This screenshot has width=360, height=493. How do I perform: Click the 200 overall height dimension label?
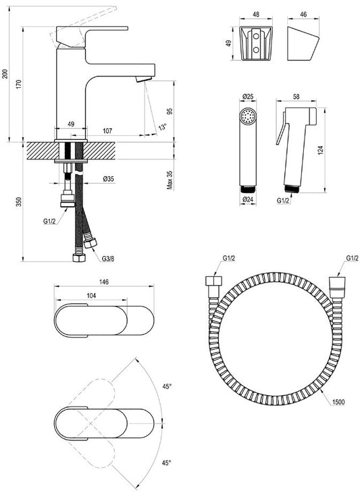(x=5, y=74)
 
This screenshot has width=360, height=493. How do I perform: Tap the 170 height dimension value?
(x=19, y=84)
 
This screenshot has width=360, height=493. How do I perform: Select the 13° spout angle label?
(x=162, y=128)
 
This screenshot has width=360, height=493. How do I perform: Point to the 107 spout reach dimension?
(x=107, y=131)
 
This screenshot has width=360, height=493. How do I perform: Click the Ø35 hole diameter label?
(x=109, y=179)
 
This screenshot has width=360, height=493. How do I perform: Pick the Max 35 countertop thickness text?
(x=170, y=180)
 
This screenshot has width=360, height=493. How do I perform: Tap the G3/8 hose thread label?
(x=108, y=259)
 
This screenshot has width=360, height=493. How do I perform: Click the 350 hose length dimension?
(x=19, y=201)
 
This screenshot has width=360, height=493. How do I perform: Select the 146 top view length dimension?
(x=104, y=282)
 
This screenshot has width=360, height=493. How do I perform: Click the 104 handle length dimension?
(x=91, y=296)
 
